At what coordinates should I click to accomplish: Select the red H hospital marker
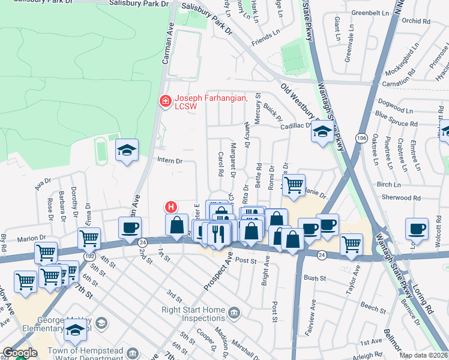(171, 208)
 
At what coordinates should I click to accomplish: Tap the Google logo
(20, 353)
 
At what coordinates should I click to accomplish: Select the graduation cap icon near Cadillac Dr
(322, 131)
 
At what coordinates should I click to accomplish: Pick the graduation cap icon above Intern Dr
(127, 151)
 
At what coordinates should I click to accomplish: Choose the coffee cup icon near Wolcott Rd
(417, 229)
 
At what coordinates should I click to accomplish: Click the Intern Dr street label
(169, 161)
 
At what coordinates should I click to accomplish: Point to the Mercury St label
(258, 108)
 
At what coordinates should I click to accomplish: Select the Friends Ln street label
(266, 39)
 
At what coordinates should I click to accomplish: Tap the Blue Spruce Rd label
(396, 118)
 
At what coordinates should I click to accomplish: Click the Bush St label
(315, 278)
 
